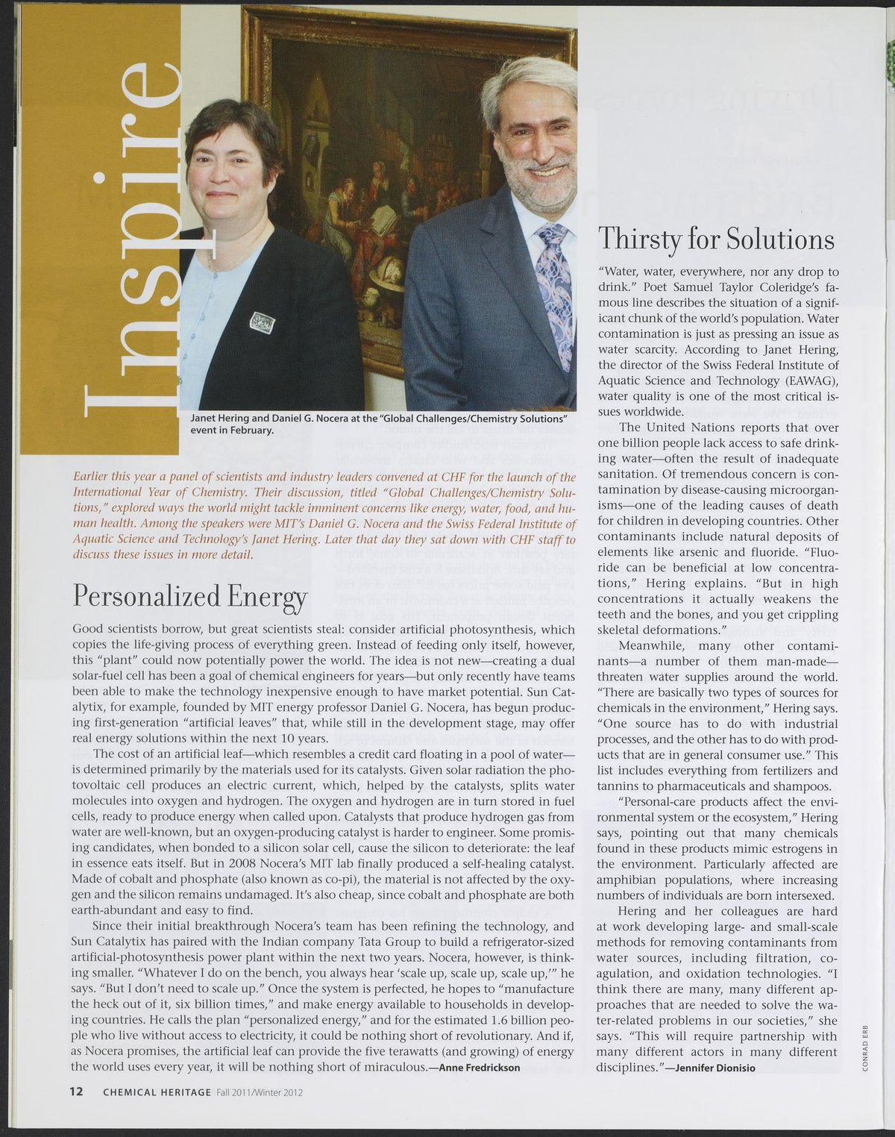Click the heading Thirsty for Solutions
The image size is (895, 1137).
(x=716, y=239)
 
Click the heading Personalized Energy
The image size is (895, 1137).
(x=189, y=597)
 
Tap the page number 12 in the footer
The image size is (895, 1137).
(x=77, y=1091)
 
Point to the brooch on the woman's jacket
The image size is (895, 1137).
(x=263, y=322)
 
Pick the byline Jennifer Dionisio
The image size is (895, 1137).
(x=715, y=1068)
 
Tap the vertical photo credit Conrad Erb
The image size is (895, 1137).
(x=864, y=1044)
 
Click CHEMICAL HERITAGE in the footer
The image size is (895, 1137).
(x=157, y=1092)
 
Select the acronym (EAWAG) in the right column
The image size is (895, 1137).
(x=808, y=380)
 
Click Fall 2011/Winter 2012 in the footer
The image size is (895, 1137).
(x=260, y=1092)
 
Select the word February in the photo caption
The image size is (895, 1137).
(x=248, y=430)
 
